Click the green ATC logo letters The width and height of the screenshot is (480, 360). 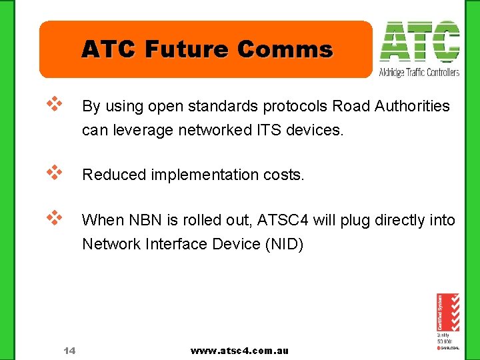click(x=419, y=42)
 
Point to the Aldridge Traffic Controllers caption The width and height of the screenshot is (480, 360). click(x=419, y=72)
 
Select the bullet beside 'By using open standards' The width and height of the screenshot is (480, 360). click(x=54, y=103)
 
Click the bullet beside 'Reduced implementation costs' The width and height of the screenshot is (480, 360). click(x=54, y=172)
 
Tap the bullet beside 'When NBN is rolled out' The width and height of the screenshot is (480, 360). click(x=54, y=217)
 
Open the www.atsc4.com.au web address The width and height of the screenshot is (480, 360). click(x=239, y=350)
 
